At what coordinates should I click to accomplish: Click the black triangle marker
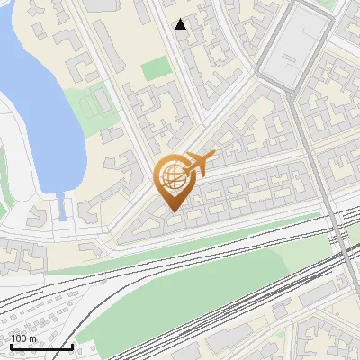(181, 24)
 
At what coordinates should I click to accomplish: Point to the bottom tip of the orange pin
(172, 212)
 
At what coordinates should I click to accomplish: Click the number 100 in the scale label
(19, 338)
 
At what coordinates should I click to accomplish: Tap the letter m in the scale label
(33, 338)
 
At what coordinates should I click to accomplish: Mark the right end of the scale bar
(73, 346)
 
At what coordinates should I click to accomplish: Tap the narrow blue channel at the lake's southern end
(62, 210)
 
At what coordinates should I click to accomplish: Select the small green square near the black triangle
(154, 68)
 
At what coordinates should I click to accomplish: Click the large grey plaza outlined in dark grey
(297, 49)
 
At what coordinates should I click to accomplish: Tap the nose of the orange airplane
(214, 154)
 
